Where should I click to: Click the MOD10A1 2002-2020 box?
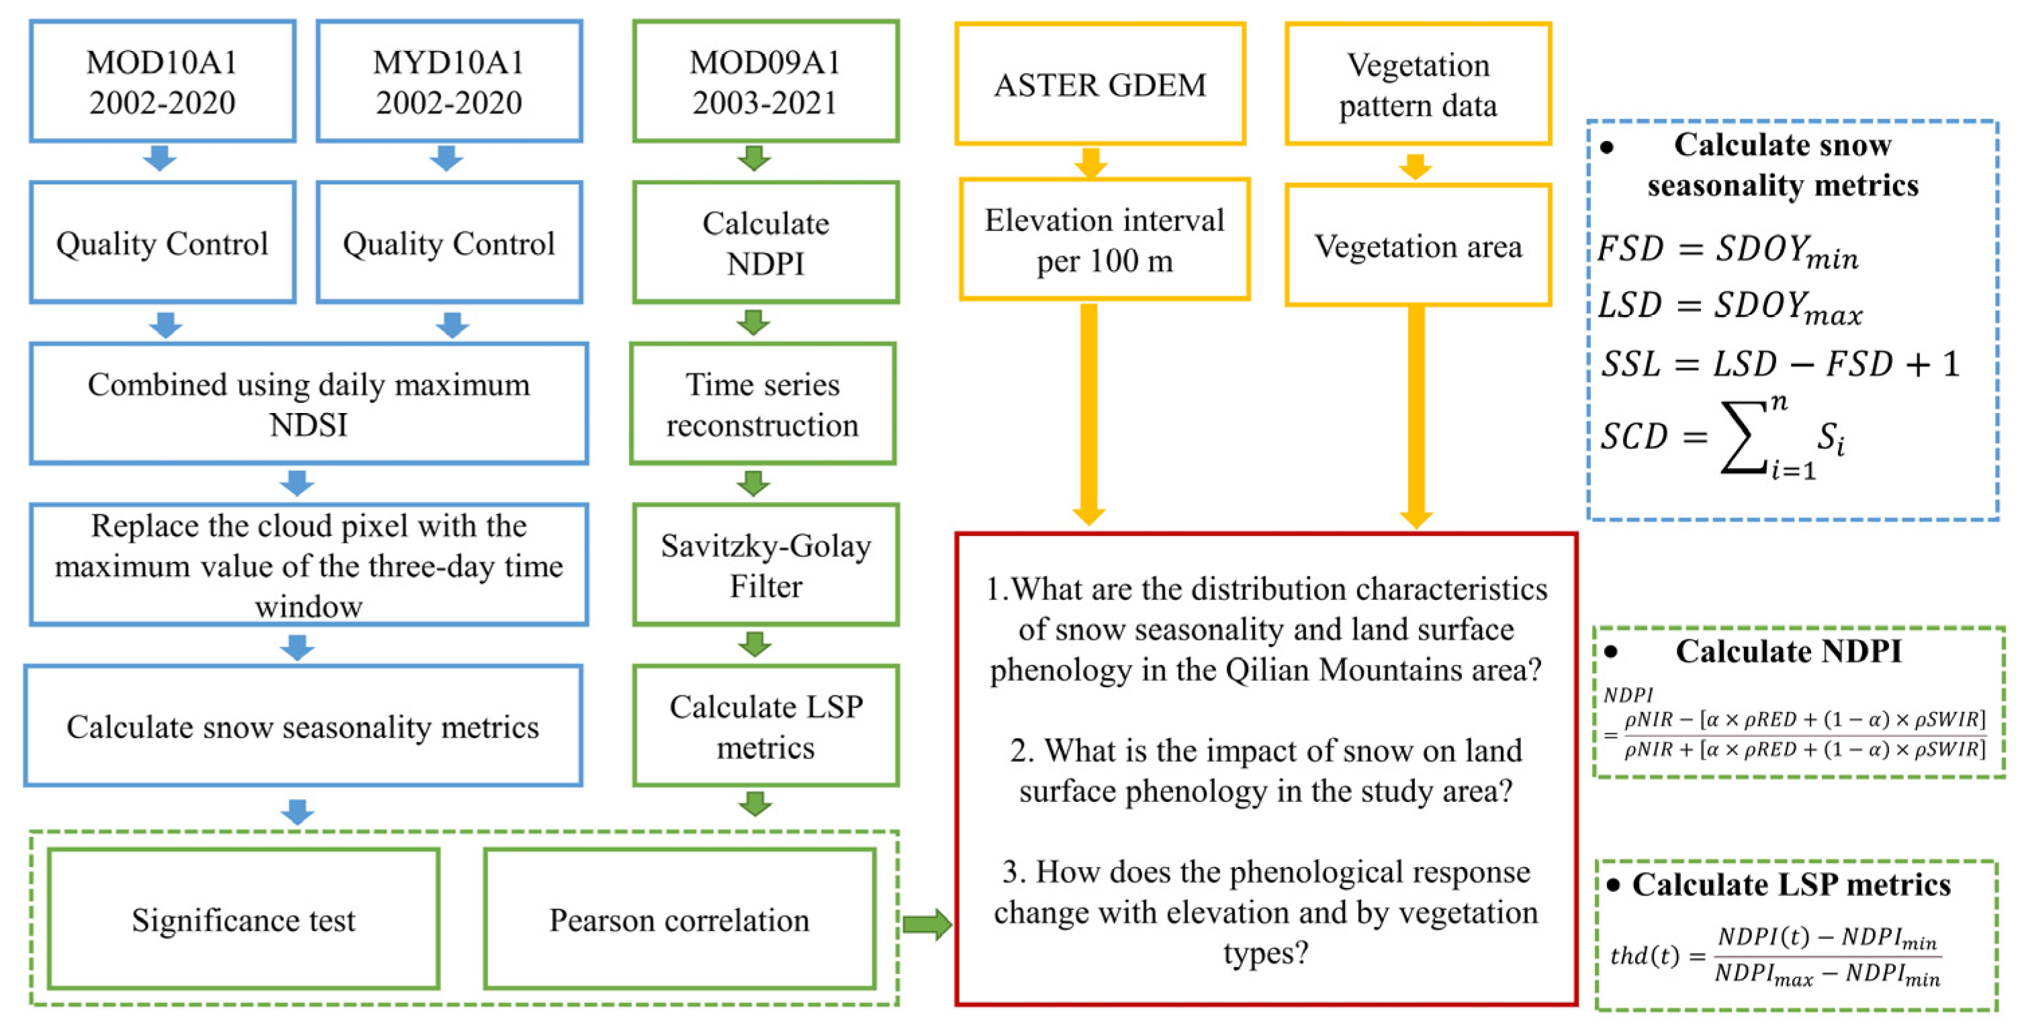pos(162,82)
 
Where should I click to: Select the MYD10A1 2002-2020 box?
pos(449,82)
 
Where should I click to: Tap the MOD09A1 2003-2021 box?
pos(766,82)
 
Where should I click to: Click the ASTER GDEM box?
pos(1099,84)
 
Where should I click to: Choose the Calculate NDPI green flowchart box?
pos(766,242)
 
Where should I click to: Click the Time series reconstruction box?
pos(762,404)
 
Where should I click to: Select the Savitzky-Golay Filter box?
pos(766,565)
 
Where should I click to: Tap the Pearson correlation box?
pos(680,919)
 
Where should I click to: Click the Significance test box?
pos(243,919)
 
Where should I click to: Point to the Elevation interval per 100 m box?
pos(1103,240)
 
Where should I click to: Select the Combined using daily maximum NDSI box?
pos(308,404)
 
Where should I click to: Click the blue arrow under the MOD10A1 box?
pos(160,158)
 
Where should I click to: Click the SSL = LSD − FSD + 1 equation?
pos(1779,364)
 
